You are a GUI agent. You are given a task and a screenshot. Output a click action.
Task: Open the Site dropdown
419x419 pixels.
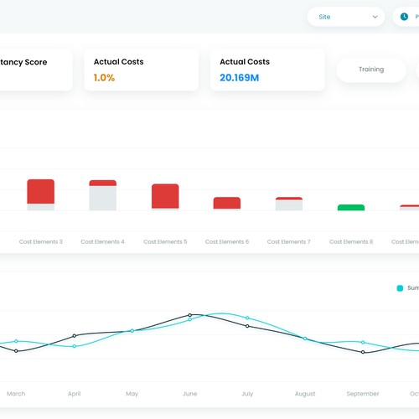pos(345,16)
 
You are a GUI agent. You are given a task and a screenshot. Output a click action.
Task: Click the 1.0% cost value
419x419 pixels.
pos(104,78)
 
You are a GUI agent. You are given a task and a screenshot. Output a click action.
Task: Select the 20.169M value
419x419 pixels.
pos(239,78)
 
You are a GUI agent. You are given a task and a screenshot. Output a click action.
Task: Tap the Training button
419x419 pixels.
pos(371,70)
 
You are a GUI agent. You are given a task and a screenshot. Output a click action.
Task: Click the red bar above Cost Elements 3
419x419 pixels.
pos(40,191)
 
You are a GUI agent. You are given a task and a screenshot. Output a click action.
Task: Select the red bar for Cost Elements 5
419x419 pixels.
pos(165,196)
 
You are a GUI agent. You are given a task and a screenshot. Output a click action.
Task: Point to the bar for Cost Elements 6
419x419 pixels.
pos(227,203)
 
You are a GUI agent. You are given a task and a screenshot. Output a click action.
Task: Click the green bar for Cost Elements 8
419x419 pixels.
pos(351,207)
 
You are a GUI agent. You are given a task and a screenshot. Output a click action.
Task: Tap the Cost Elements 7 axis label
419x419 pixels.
pos(288,241)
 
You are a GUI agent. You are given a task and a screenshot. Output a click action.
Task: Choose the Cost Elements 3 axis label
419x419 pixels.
pos(40,241)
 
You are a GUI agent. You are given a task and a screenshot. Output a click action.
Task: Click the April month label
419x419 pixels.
pos(74,393)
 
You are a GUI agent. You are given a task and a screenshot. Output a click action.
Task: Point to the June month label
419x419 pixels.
pos(189,393)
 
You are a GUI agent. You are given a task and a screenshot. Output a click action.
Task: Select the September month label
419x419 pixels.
pos(362,393)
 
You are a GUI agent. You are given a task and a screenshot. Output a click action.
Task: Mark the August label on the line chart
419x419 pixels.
pos(305,393)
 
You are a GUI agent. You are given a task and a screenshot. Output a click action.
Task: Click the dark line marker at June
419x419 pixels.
pos(189,316)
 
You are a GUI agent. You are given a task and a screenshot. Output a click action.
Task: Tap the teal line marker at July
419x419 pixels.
pos(247,318)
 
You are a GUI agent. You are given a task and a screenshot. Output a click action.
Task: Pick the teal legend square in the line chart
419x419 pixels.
pos(400,287)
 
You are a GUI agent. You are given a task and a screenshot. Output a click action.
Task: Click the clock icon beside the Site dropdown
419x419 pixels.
pos(404,16)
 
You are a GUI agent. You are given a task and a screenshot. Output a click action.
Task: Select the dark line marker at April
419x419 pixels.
pos(75,336)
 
